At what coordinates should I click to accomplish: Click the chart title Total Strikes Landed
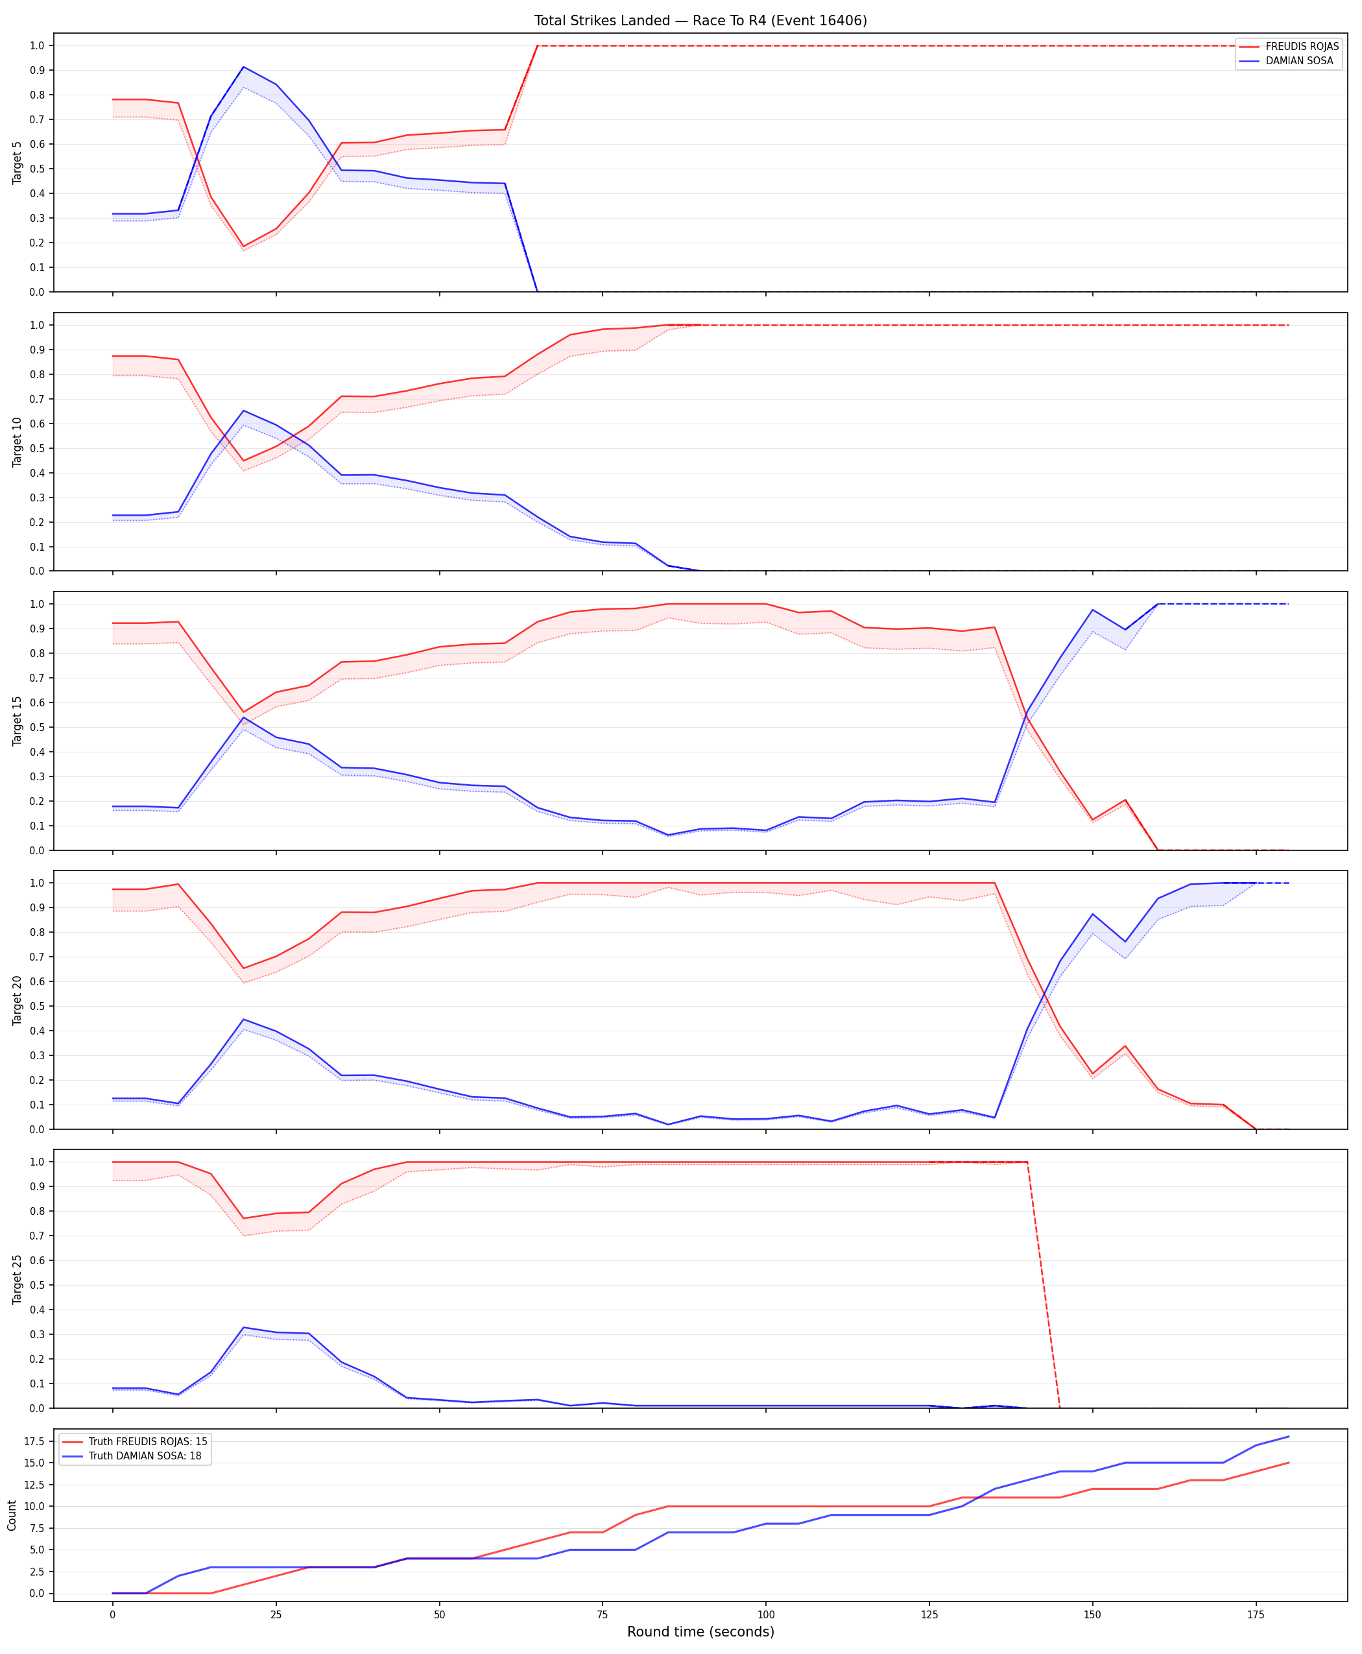pyautogui.click(x=602, y=20)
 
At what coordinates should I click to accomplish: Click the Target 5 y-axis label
pyautogui.click(x=18, y=162)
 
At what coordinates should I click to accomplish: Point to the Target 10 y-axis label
pyautogui.click(x=18, y=442)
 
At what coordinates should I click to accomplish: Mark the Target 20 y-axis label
pyautogui.click(x=18, y=1000)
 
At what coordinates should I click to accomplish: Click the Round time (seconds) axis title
pyautogui.click(x=700, y=1631)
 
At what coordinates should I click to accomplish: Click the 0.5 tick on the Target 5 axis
pyautogui.click(x=38, y=169)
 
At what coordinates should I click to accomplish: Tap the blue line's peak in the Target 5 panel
pyautogui.click(x=243, y=67)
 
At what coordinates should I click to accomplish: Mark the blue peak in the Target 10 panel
pyautogui.click(x=243, y=411)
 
